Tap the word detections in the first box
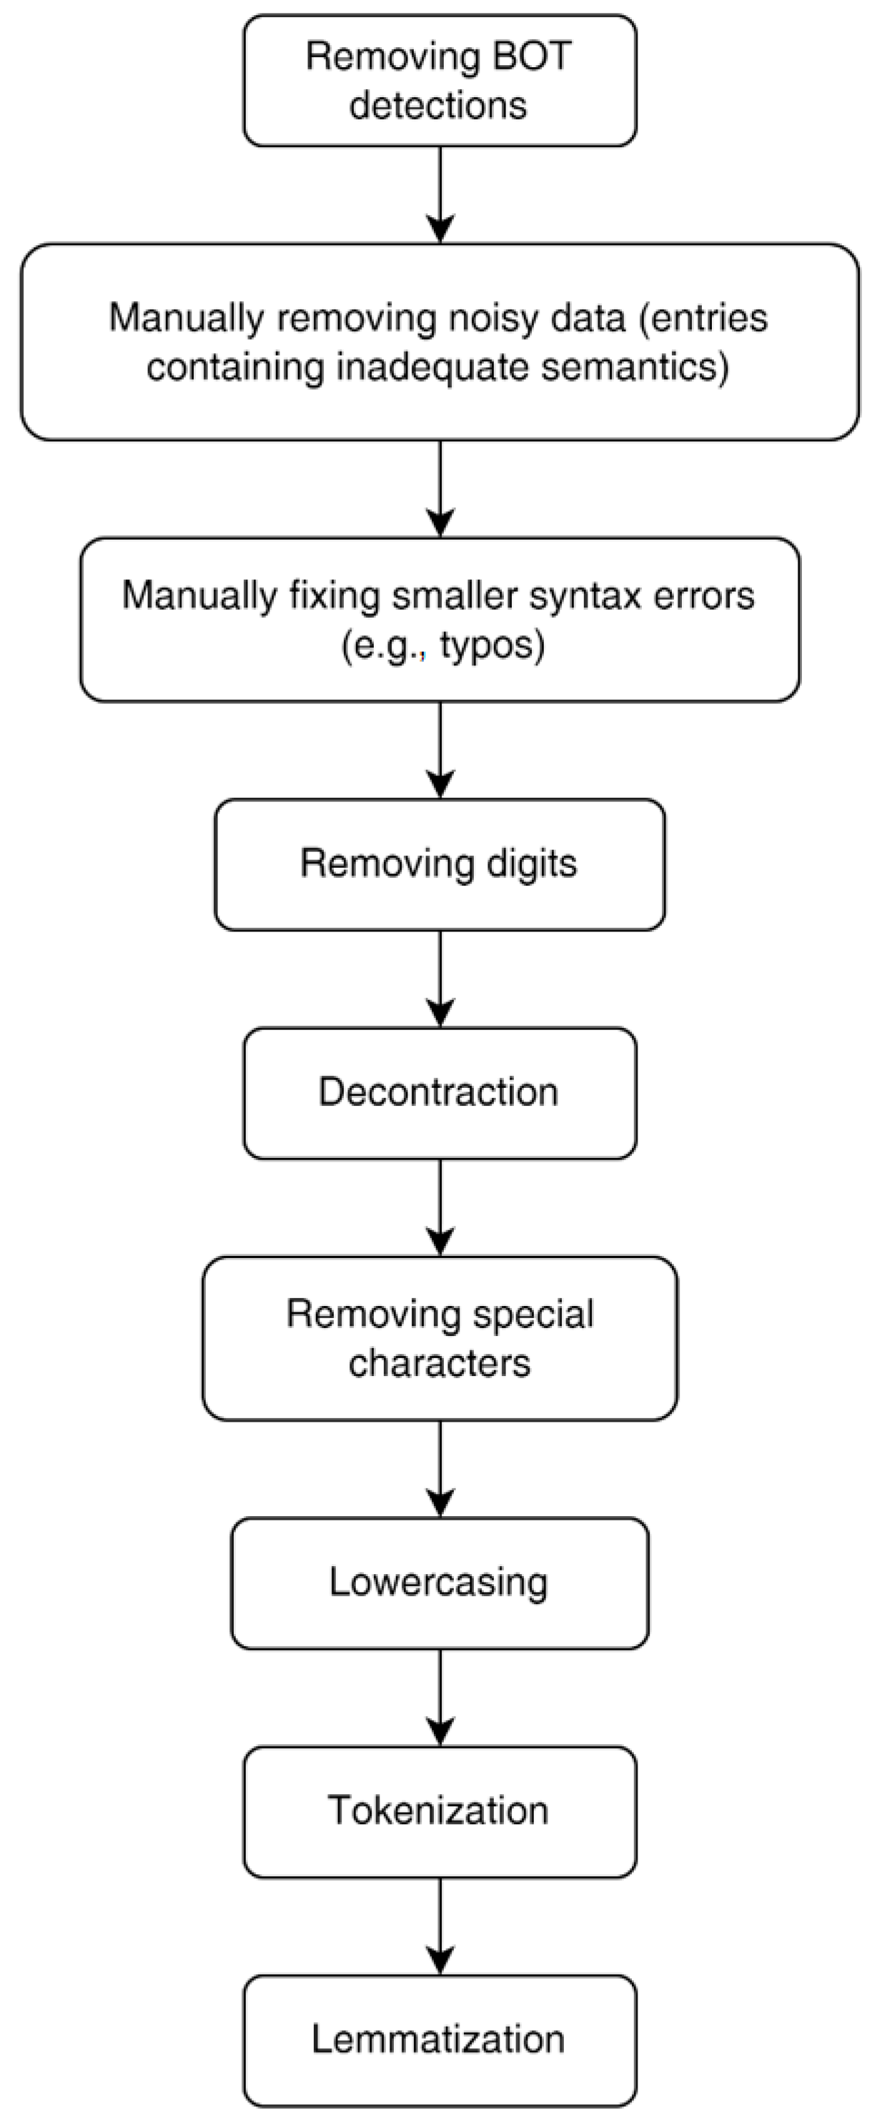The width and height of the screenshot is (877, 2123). (x=439, y=106)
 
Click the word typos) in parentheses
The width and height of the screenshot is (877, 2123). (x=493, y=645)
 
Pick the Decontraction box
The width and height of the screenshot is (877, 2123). (x=440, y=1093)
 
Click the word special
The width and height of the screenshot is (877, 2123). (x=533, y=1314)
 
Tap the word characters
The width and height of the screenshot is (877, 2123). (x=440, y=1362)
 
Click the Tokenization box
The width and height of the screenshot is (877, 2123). (x=440, y=1811)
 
